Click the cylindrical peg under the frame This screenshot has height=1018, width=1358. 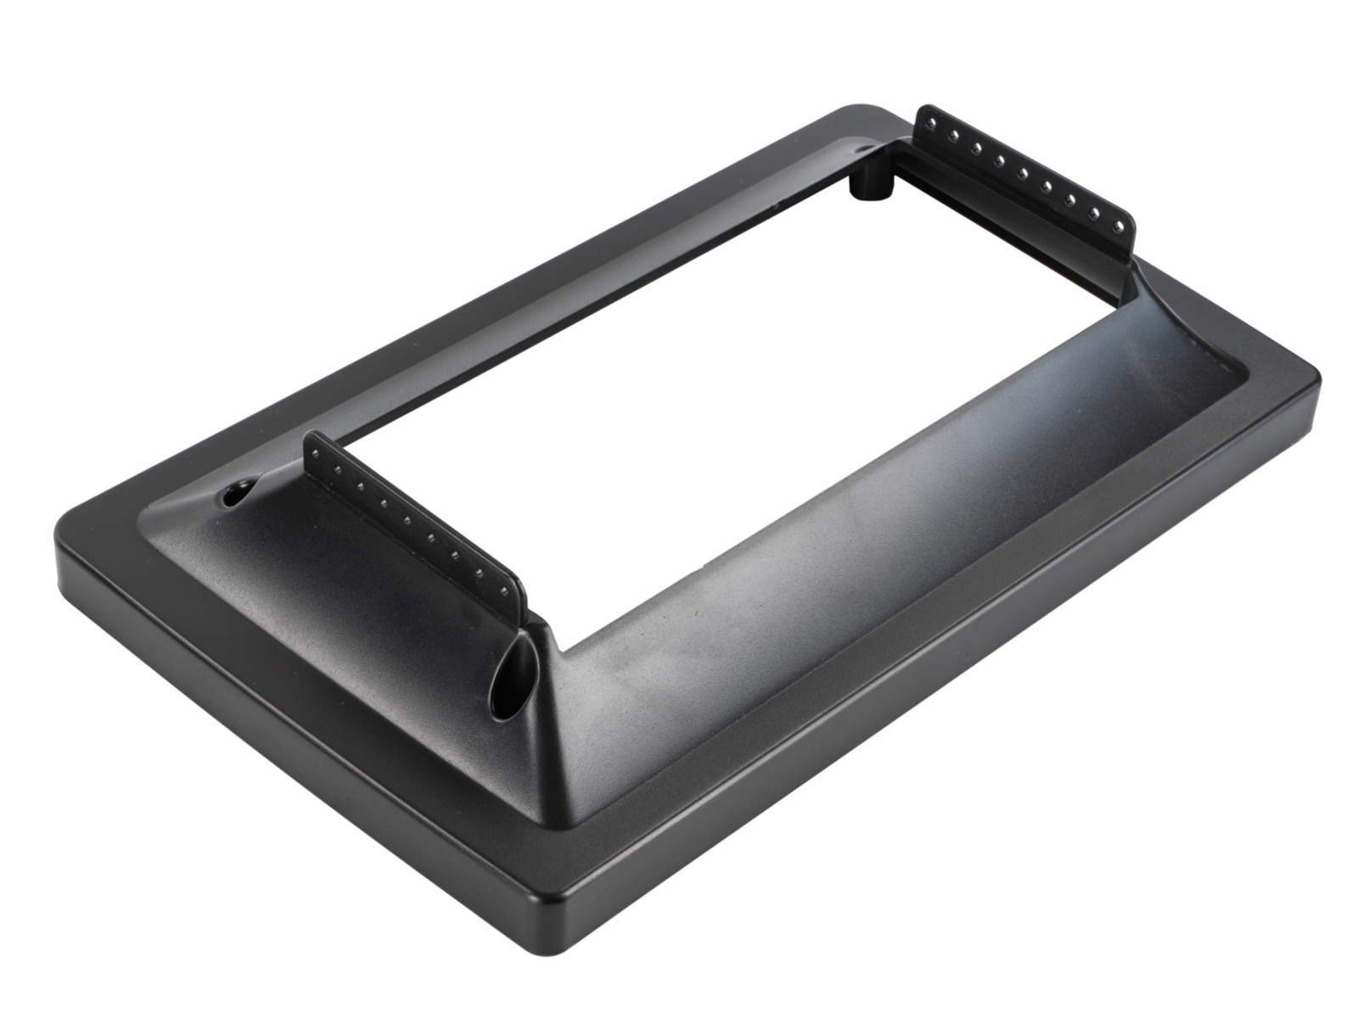click(868, 185)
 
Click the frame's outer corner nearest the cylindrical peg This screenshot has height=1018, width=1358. click(857, 109)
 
